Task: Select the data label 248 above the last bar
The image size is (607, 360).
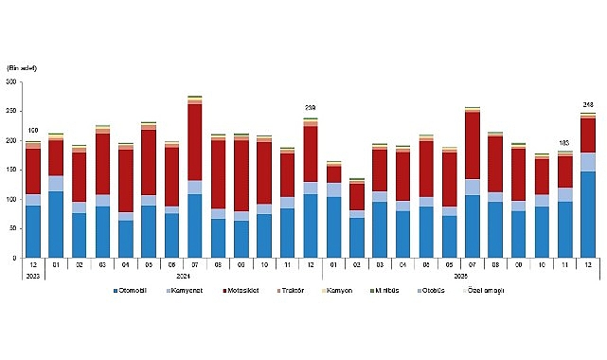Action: (x=587, y=105)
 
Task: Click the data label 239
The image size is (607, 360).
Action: (x=310, y=109)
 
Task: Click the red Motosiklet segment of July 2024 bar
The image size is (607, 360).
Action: (x=195, y=142)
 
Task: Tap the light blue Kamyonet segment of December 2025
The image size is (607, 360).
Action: (x=587, y=162)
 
